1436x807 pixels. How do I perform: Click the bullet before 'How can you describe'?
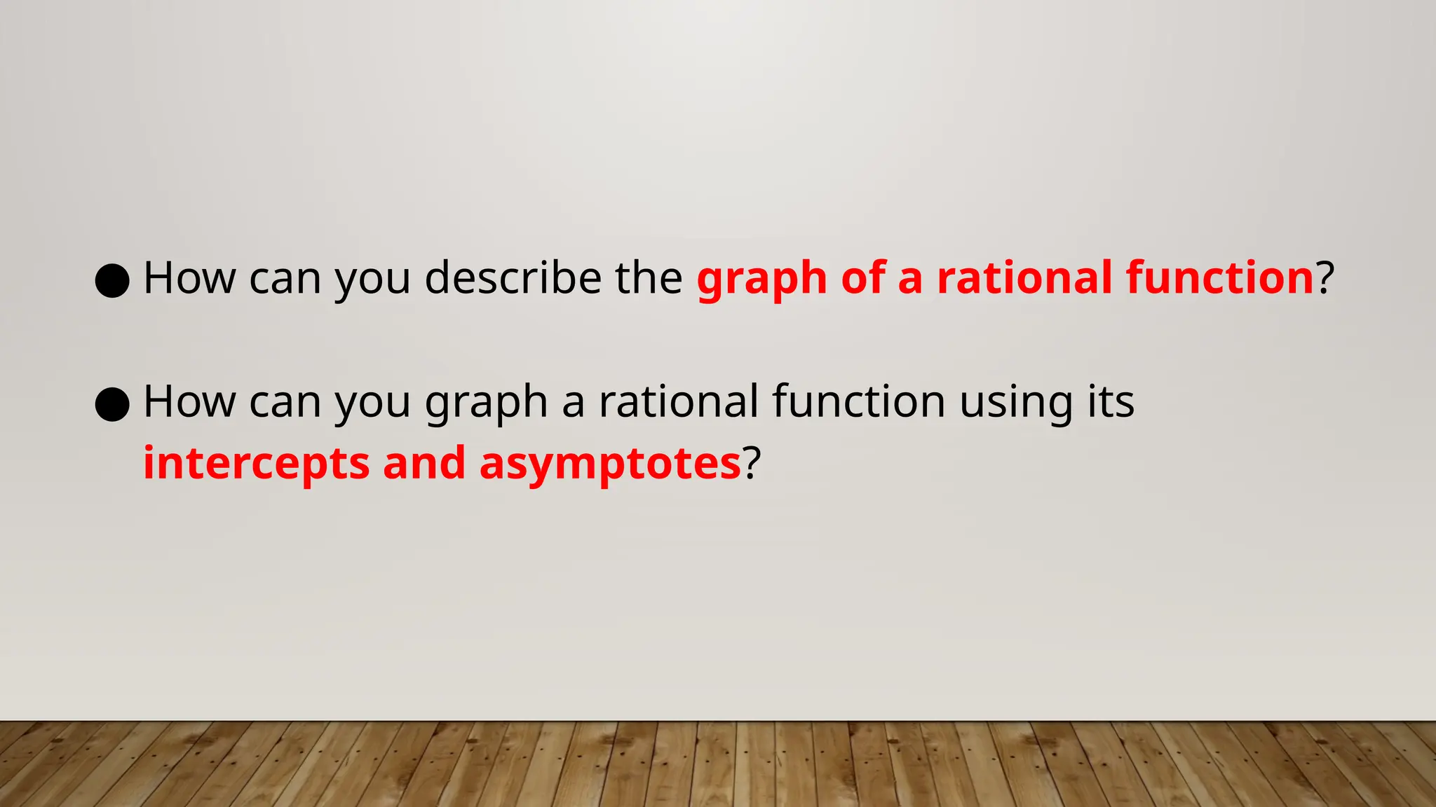(112, 281)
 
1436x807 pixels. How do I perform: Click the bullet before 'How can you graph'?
(112, 404)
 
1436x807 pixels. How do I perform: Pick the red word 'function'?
(1219, 277)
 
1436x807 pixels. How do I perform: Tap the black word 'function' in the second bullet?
(859, 402)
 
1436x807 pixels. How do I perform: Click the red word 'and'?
(424, 464)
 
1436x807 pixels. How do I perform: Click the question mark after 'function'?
(1325, 277)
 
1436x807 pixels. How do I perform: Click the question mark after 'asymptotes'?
(751, 464)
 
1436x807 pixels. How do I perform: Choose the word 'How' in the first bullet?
(190, 278)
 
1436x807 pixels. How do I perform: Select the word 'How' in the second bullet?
(190, 402)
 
